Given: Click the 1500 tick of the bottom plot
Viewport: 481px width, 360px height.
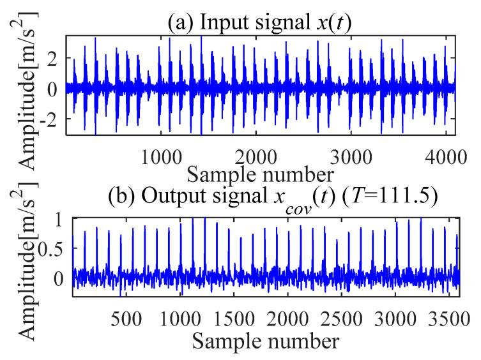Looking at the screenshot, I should [241, 317].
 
